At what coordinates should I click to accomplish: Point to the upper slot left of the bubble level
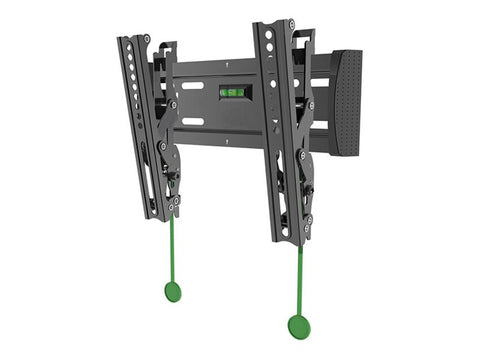[194, 86]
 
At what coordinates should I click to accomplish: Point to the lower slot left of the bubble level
[194, 121]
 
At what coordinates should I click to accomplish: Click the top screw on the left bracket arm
[146, 40]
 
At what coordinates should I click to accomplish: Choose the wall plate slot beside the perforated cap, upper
[320, 82]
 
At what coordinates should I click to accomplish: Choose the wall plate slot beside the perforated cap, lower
[319, 126]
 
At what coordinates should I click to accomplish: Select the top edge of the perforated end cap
[345, 51]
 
